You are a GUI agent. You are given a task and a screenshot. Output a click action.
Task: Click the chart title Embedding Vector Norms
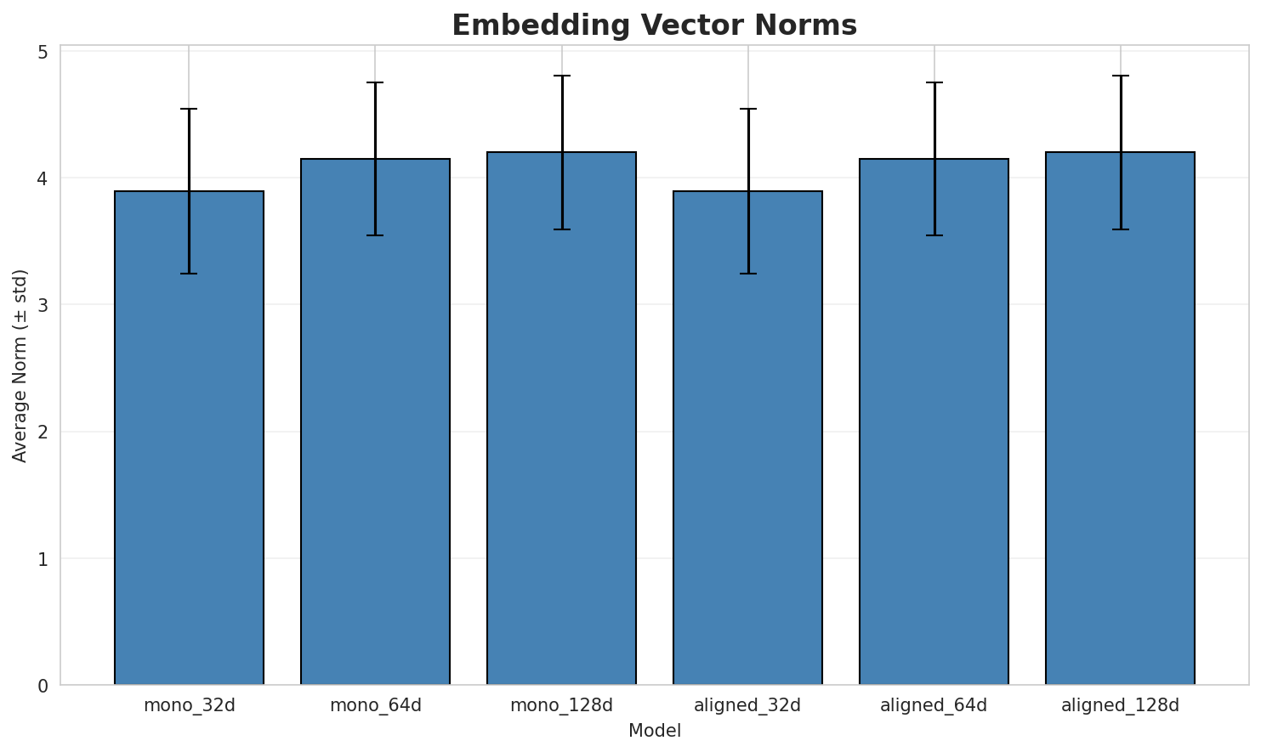(x=654, y=25)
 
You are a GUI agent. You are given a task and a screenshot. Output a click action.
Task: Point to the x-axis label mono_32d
(x=189, y=705)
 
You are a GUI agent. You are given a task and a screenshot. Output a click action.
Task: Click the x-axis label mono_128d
(x=561, y=705)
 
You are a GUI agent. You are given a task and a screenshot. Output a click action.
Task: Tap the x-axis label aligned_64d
(x=934, y=705)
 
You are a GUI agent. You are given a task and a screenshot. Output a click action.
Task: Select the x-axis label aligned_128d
(x=1120, y=705)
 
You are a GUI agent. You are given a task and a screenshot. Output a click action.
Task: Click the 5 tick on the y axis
(x=43, y=52)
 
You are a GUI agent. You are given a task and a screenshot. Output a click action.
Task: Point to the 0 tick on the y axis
(x=43, y=685)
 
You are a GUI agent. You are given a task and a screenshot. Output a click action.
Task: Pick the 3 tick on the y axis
(x=43, y=305)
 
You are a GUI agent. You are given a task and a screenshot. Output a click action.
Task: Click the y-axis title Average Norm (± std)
(x=20, y=365)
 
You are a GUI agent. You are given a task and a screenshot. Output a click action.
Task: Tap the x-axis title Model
(x=654, y=731)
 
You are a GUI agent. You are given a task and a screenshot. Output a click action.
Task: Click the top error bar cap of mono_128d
(x=561, y=76)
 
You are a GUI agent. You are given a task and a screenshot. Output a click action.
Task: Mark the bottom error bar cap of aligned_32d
(x=747, y=274)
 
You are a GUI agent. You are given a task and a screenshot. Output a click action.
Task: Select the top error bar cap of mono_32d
(x=189, y=109)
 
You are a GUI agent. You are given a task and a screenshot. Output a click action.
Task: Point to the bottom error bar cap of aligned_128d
(x=1120, y=229)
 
